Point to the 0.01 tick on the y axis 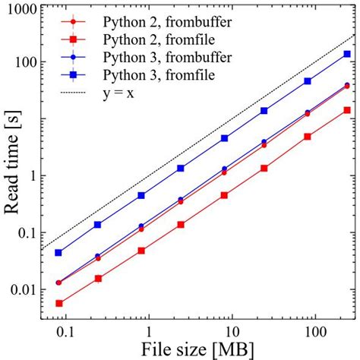coord(24,289)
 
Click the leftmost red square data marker coord(59,303)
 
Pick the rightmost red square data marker coord(347,110)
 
